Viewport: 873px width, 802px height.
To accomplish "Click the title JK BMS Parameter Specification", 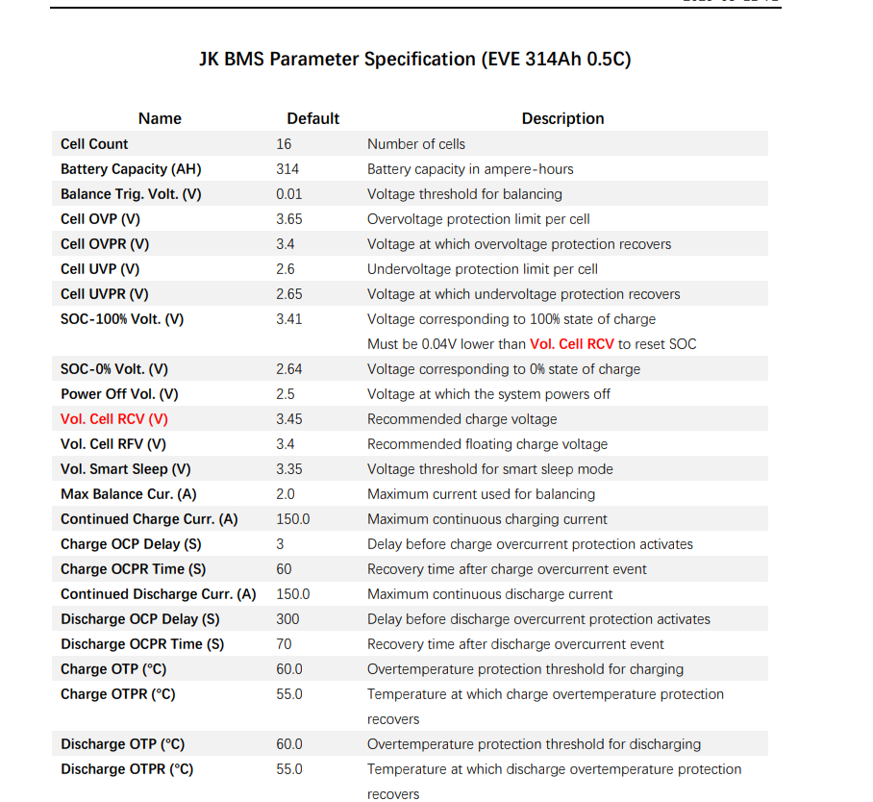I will click(x=414, y=59).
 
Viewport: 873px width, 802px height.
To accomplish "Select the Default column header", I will click(x=312, y=118).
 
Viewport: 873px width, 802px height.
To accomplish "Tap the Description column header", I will click(x=562, y=118).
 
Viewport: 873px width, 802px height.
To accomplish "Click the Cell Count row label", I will click(x=94, y=144).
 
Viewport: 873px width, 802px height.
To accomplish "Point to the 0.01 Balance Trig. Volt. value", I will click(x=288, y=194).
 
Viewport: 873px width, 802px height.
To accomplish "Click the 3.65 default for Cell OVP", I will click(x=288, y=219).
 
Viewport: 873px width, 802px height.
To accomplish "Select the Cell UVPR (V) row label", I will click(x=105, y=294).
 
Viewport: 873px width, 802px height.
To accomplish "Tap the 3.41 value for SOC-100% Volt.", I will click(x=288, y=319).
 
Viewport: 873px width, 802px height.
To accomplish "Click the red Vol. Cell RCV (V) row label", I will click(x=113, y=419).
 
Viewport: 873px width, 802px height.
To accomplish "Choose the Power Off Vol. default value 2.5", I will click(x=285, y=394).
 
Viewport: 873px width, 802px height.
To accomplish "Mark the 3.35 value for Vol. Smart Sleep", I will click(x=288, y=469).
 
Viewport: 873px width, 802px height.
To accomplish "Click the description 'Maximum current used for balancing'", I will click(x=481, y=494).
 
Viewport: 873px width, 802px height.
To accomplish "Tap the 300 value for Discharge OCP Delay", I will click(x=287, y=619).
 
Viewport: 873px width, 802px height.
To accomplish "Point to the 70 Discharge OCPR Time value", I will click(x=284, y=644).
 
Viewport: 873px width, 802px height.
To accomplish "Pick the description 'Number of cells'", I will click(x=415, y=144).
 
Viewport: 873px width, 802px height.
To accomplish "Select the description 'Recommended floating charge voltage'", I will click(x=486, y=444).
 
